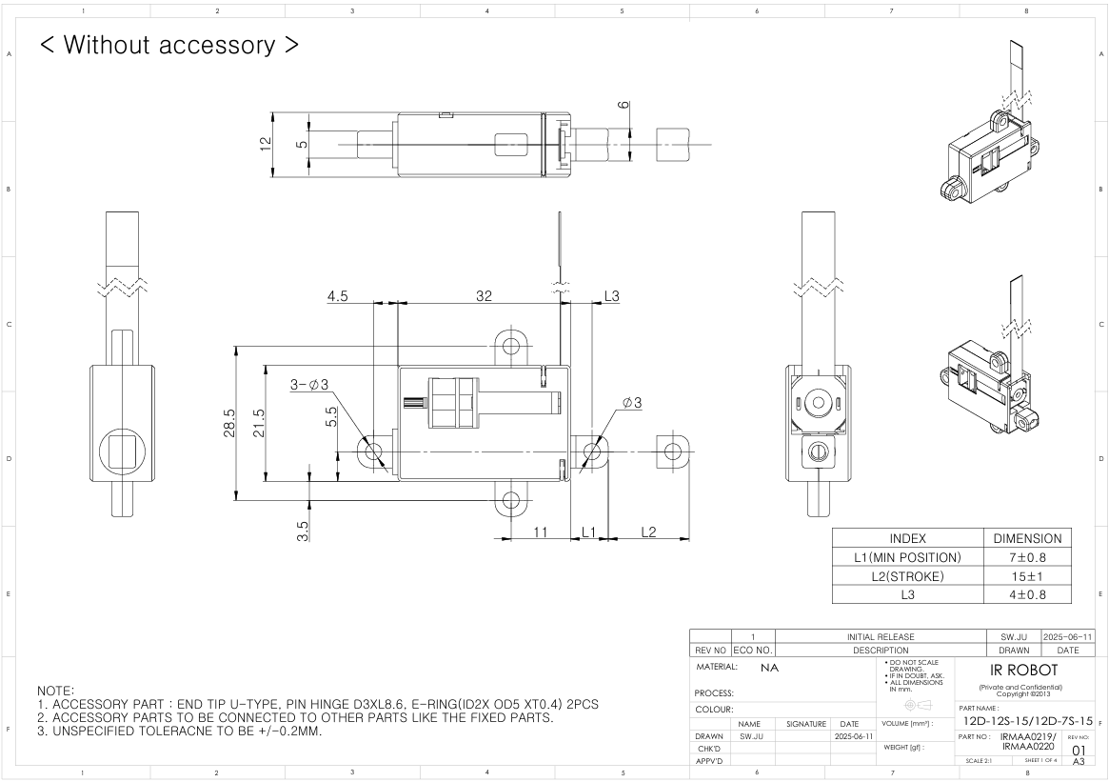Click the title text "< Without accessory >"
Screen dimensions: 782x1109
point(168,45)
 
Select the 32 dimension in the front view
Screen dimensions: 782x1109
point(484,296)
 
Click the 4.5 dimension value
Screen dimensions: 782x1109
point(338,296)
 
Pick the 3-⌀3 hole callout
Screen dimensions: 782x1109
point(309,385)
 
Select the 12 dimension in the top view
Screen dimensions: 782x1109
point(267,143)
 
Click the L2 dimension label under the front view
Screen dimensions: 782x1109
point(648,531)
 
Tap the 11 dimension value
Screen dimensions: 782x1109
point(540,531)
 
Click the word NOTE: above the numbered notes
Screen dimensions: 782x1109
point(55,689)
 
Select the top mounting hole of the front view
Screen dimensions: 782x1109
point(512,343)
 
